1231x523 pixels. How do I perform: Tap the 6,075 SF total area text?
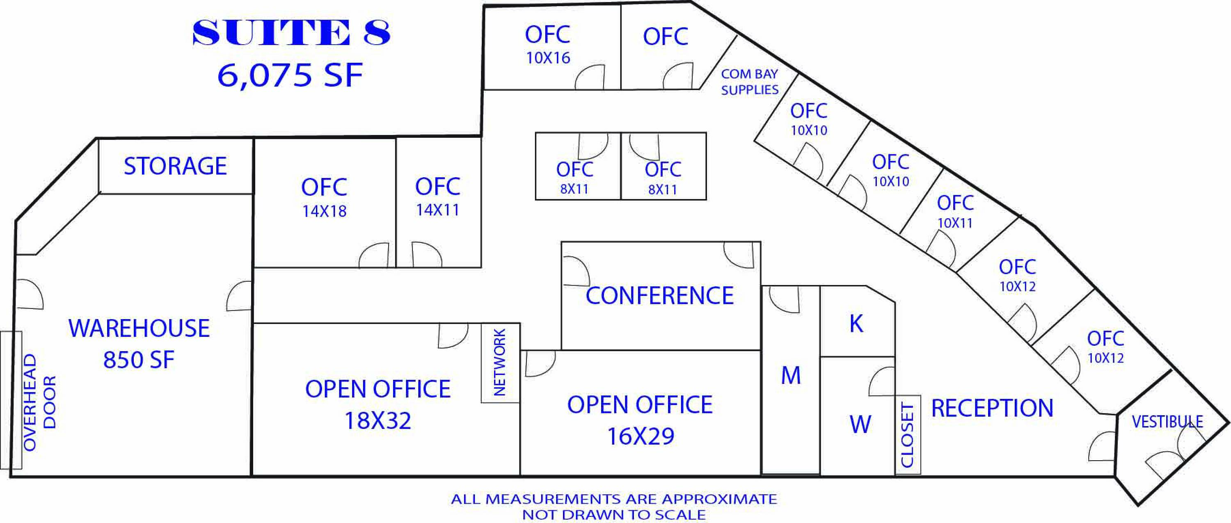coord(290,75)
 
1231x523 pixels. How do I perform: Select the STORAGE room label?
coord(175,166)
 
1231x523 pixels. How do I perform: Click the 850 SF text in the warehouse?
coord(139,360)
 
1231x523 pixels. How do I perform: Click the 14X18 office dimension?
coord(324,211)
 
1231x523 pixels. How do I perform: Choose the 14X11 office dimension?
coord(437,210)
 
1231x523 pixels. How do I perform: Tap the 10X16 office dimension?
coord(548,58)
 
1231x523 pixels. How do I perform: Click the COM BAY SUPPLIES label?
coord(749,82)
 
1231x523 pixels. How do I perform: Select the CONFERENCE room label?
coord(659,296)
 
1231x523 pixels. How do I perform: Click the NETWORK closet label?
coord(499,362)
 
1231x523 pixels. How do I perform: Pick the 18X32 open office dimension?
coord(378,421)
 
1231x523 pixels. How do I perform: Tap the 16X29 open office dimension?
coord(641,436)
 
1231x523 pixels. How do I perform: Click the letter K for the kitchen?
coord(856,324)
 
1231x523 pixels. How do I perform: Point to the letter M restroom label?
coord(790,375)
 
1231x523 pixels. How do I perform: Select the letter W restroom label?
coord(860,424)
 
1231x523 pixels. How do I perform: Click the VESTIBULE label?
coord(1167,422)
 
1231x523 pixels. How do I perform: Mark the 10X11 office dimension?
coord(955,223)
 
